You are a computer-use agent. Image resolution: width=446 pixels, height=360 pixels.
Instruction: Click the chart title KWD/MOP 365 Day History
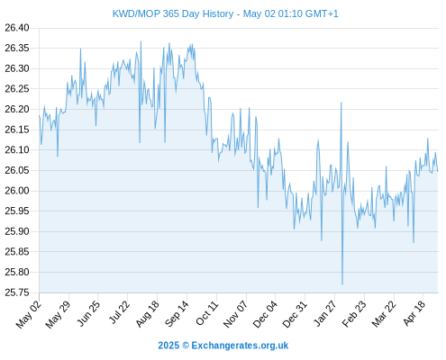[173, 13]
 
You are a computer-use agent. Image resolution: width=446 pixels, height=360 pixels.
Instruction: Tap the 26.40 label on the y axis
[17, 28]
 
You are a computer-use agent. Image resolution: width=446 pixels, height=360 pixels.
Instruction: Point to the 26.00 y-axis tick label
[17, 191]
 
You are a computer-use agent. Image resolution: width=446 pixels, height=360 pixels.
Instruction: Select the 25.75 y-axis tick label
[17, 292]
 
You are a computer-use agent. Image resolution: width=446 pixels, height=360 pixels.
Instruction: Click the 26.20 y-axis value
[17, 109]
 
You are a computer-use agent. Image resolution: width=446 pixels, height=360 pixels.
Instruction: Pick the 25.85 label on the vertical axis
[17, 251]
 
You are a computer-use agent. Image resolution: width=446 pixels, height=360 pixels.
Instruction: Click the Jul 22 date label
[119, 312]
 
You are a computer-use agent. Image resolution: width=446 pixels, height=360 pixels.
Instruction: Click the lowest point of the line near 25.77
[342, 284]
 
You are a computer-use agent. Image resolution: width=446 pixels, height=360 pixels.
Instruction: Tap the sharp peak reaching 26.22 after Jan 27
[341, 103]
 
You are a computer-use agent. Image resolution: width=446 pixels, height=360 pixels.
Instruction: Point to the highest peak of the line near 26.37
[141, 41]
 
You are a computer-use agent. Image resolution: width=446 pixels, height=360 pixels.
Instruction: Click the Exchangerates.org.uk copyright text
[240, 346]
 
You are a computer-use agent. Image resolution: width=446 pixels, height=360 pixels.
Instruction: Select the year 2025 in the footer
[168, 346]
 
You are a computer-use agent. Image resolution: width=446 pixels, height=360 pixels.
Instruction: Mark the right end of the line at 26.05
[438, 171]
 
